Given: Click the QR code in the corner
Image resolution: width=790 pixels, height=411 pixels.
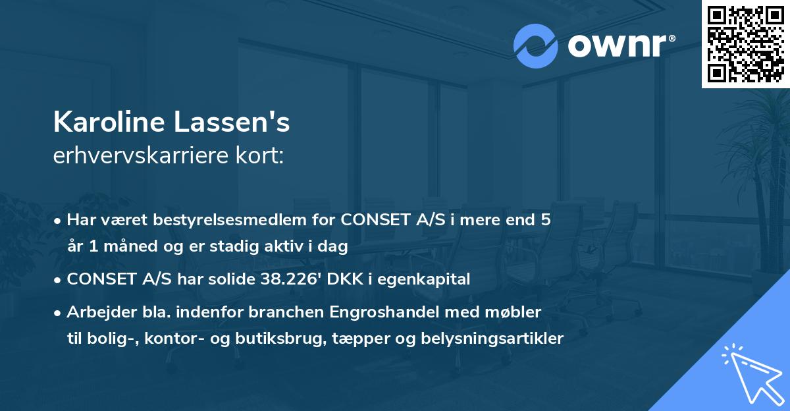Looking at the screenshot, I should tap(745, 44).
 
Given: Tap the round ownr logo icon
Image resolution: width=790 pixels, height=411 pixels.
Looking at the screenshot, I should tap(536, 46).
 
